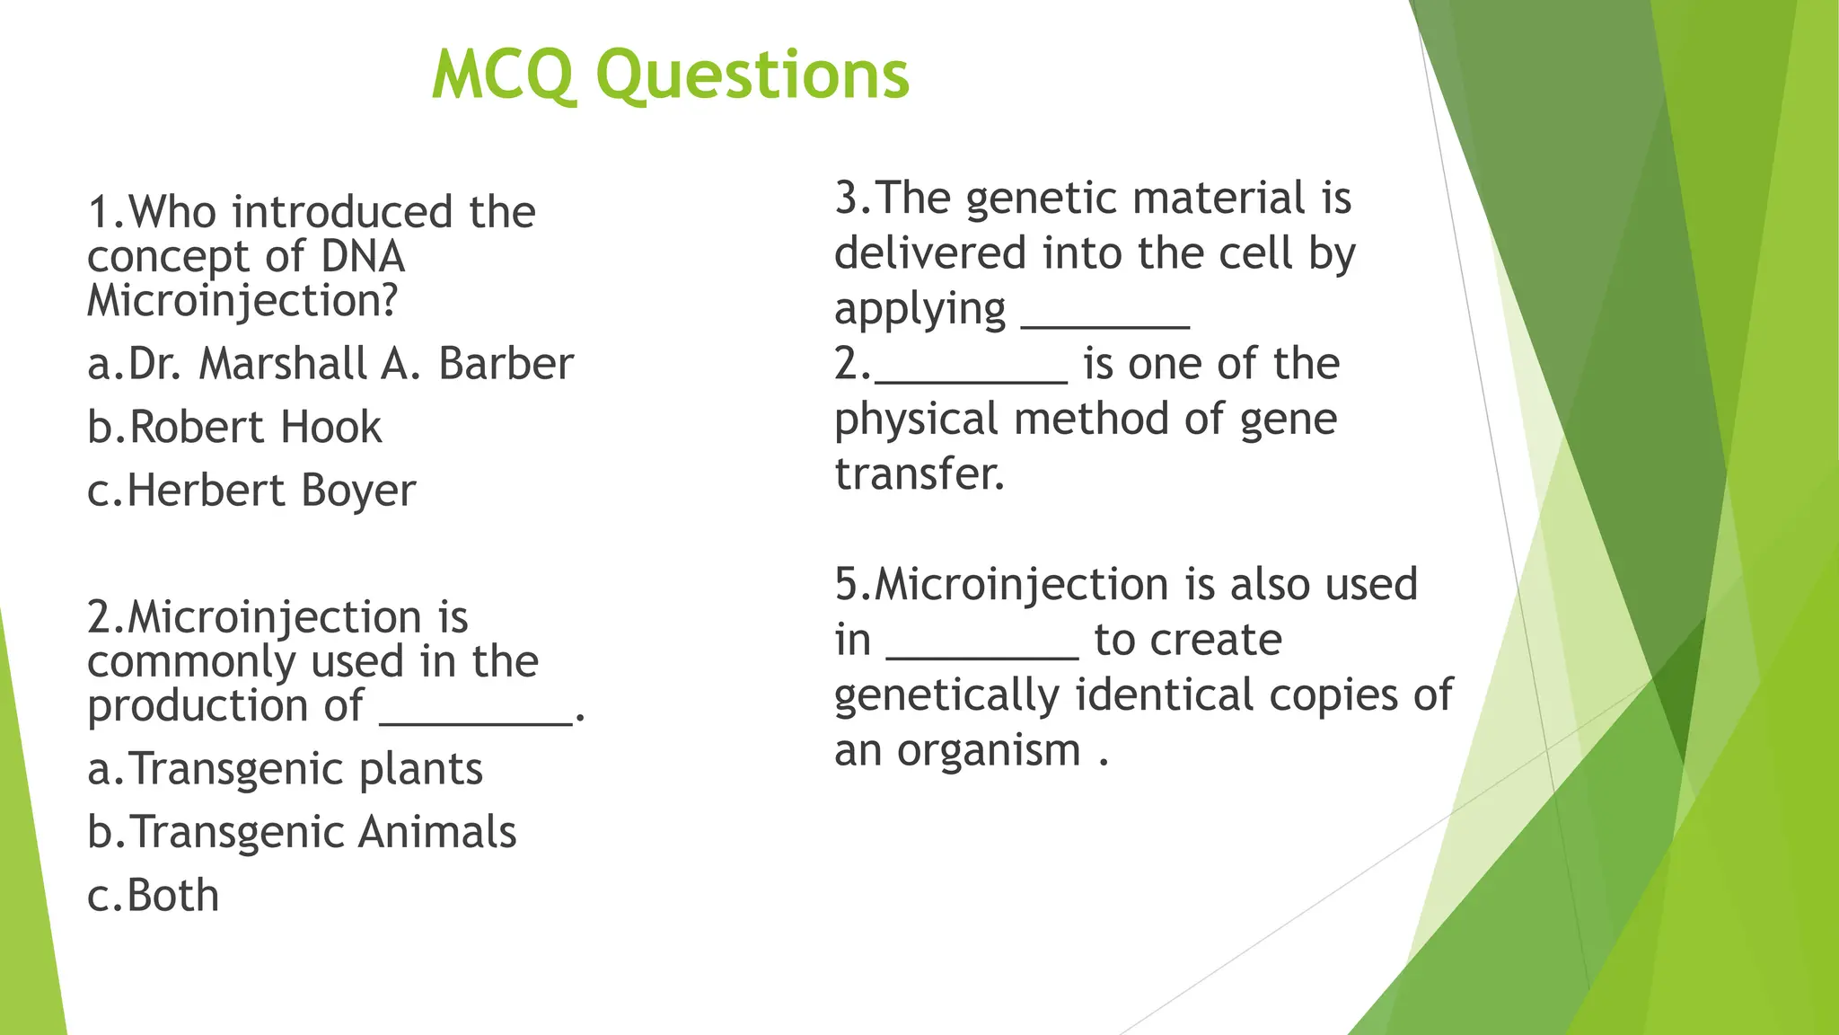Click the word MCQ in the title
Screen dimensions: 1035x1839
tap(502, 75)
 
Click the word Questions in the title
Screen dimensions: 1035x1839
tap(752, 75)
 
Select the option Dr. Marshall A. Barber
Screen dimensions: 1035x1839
tap(330, 365)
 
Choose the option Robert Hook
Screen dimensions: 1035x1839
tap(234, 428)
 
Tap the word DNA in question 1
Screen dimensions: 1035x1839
tap(363, 257)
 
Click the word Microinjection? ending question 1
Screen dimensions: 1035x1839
tap(242, 301)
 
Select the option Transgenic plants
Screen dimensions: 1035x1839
tap(285, 770)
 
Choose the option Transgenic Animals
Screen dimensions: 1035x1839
tap(302, 833)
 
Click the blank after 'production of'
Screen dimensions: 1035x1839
tap(476, 719)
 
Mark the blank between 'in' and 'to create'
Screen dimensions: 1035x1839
tap(982, 654)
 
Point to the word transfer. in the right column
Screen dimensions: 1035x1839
tap(919, 474)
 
